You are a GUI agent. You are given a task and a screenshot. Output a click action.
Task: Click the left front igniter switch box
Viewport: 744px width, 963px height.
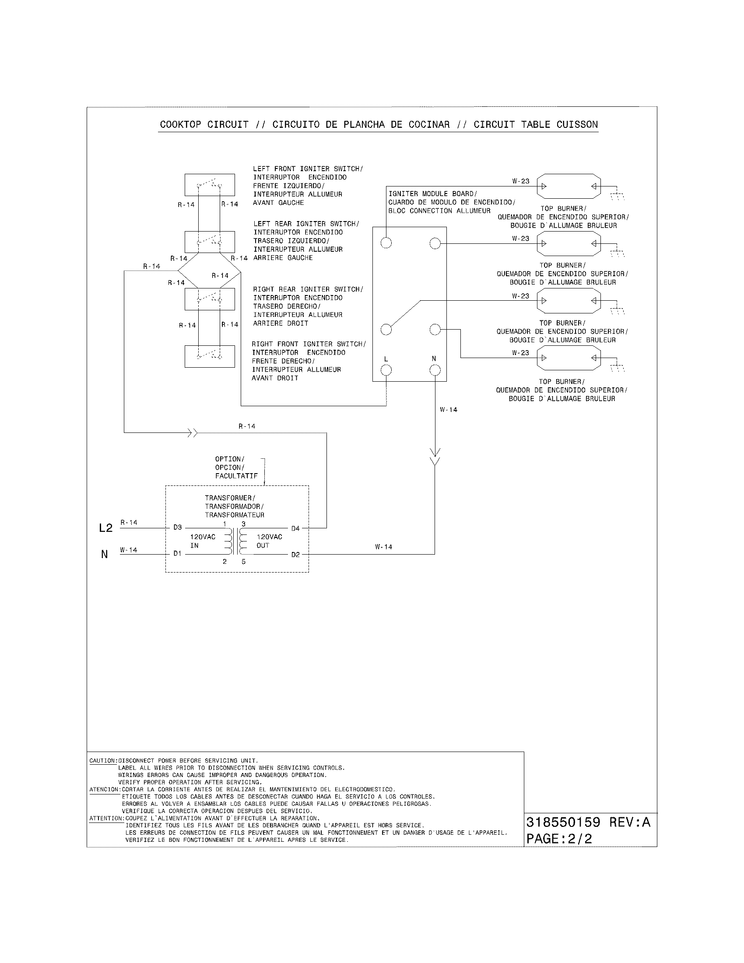[x=209, y=185]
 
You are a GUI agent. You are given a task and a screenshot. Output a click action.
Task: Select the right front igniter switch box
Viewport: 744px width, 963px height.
[x=209, y=356]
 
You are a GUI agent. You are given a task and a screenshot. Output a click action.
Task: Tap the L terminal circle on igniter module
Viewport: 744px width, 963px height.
[x=386, y=370]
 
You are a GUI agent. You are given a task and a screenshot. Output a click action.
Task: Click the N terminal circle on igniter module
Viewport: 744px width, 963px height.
[x=435, y=370]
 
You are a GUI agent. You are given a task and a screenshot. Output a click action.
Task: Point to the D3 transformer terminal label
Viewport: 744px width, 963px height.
[x=177, y=527]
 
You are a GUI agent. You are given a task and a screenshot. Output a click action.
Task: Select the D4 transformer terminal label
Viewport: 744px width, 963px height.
[x=295, y=528]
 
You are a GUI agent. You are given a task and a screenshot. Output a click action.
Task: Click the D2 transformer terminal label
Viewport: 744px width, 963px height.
[x=295, y=555]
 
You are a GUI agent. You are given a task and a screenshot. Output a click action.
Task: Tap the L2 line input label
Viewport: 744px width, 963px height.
[x=106, y=528]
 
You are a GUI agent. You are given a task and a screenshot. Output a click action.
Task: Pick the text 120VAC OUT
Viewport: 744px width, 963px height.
[x=269, y=541]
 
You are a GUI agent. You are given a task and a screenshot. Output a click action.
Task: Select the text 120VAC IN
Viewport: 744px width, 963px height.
[x=202, y=541]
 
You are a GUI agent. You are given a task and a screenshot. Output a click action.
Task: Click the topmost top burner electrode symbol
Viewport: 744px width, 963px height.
[x=569, y=186]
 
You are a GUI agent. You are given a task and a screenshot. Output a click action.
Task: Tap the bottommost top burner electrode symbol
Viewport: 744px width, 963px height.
[x=569, y=358]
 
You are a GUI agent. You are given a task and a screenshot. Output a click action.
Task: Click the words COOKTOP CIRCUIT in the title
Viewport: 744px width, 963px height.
[x=204, y=125]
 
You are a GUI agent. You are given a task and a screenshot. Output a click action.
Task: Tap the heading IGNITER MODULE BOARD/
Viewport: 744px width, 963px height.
[x=432, y=193]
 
